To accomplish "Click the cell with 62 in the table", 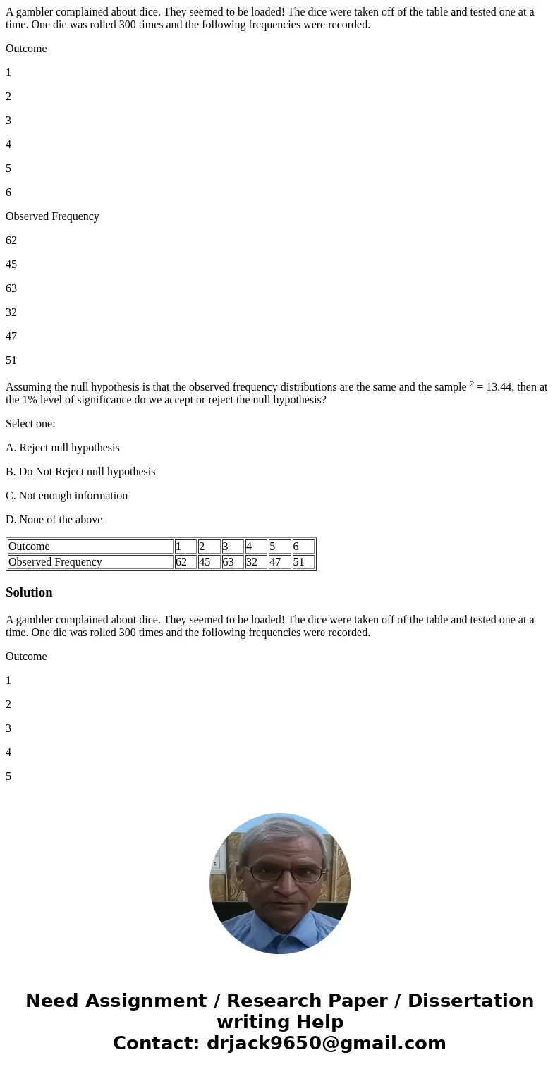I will click(185, 562).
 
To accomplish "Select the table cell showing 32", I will click(256, 562).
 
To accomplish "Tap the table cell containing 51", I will click(303, 562).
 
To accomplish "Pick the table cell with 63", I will click(233, 562).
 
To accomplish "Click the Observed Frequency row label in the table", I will click(90, 562).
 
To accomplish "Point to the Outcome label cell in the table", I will click(90, 547).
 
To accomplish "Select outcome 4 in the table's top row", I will click(256, 547).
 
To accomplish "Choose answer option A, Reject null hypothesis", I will click(63, 448).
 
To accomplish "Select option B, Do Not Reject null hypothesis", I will click(80, 472).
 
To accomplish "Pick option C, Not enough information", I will click(67, 496).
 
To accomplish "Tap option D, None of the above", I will click(54, 520).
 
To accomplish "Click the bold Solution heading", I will click(29, 592).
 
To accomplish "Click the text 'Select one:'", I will click(30, 424).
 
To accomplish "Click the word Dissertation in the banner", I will click(470, 1001).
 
